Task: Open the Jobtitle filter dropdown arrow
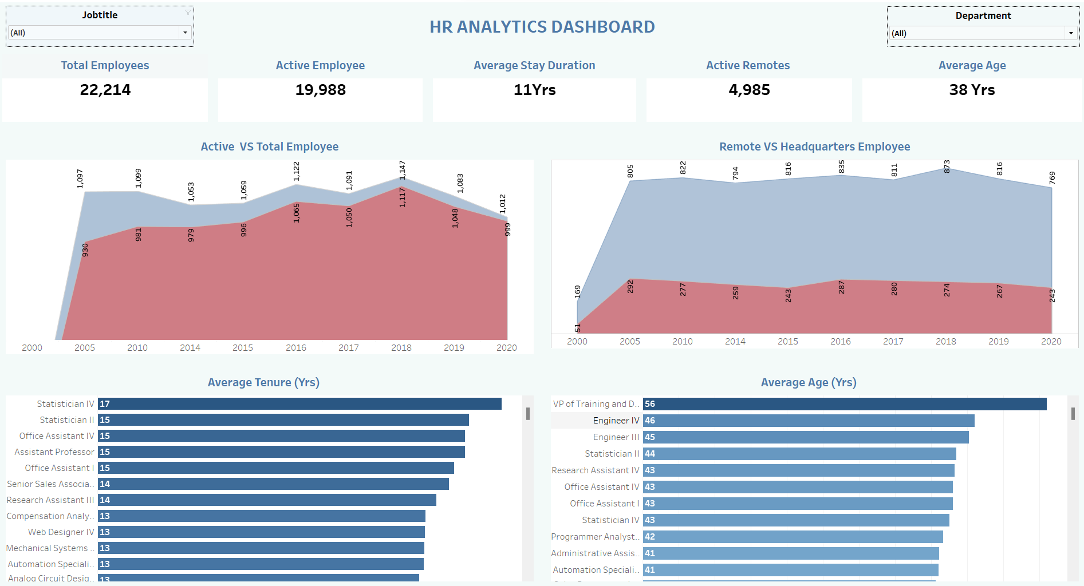click(185, 33)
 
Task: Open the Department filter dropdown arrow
click(1071, 33)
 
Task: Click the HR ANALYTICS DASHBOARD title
click(542, 27)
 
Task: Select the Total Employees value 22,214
click(105, 90)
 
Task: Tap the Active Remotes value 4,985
click(749, 90)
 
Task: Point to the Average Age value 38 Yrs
click(972, 90)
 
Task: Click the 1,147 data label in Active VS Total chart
click(402, 170)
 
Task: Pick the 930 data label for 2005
click(85, 250)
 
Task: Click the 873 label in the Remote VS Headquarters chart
click(947, 167)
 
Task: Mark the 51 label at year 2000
click(577, 328)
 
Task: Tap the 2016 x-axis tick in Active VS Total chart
click(295, 347)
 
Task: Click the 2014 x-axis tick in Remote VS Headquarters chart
click(735, 341)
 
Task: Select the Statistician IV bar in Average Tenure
click(299, 404)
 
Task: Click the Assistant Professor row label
click(54, 452)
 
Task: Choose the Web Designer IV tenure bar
click(261, 532)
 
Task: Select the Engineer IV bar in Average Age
click(808, 421)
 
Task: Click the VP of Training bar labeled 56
click(845, 404)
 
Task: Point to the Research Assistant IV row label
click(595, 470)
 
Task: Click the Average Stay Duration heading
click(534, 65)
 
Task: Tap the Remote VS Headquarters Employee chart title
click(814, 146)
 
